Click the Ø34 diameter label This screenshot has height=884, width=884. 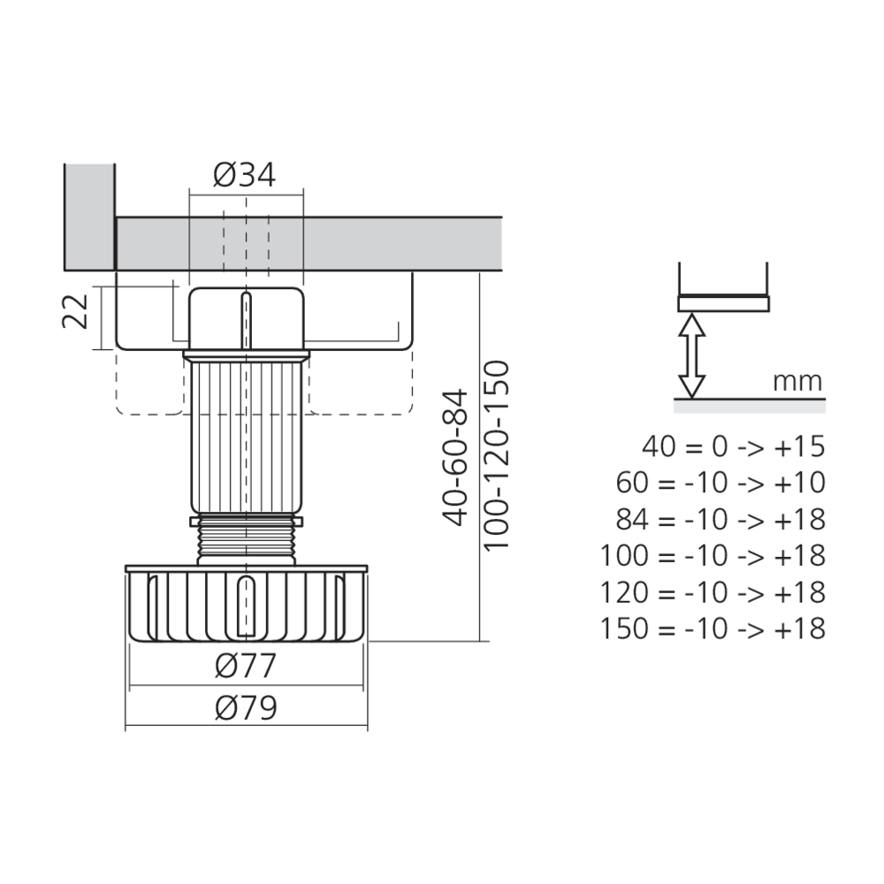coord(245,175)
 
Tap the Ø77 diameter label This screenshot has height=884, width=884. coord(246,666)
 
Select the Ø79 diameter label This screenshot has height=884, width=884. coord(246,707)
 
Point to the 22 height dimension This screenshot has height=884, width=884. coord(75,311)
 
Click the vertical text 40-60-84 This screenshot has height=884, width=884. coord(455,457)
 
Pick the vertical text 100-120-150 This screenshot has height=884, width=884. coord(497,455)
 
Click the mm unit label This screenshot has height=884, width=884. coord(797,382)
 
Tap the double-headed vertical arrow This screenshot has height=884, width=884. coord(691,355)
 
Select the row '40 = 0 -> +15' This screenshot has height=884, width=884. coord(734,446)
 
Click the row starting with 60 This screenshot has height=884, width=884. coord(720,483)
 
